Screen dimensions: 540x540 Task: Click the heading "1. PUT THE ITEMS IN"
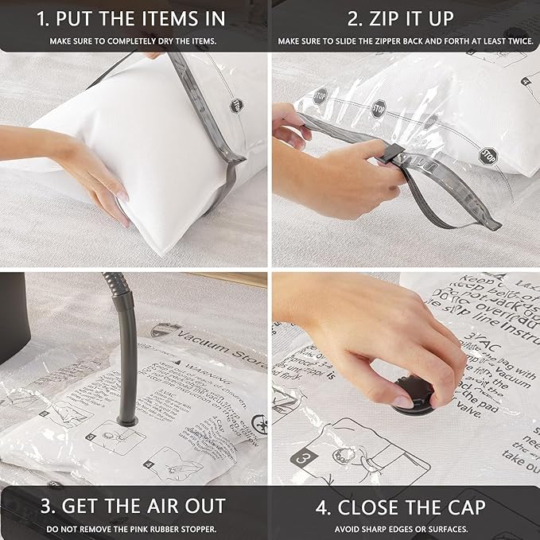point(134,18)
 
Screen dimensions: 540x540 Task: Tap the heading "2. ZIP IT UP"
point(405,18)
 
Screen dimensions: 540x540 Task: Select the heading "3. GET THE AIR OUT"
point(134,506)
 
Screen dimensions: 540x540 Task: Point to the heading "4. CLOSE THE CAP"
point(405,506)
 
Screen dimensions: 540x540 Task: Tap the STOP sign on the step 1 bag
point(236,104)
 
